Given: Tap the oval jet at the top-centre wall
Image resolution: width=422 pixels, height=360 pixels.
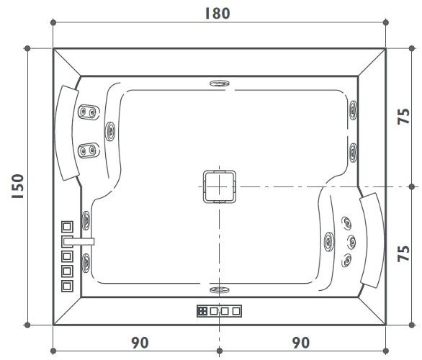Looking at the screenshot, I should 218,84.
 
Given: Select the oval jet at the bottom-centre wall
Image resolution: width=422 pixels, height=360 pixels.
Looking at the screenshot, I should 218,290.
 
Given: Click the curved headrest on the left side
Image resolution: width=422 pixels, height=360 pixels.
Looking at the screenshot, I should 66,133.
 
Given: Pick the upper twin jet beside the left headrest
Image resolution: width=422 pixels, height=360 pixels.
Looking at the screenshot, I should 89,112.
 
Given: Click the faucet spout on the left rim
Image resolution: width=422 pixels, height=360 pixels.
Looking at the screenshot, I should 79,240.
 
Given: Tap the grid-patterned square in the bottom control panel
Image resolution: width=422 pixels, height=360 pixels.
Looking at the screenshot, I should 202,311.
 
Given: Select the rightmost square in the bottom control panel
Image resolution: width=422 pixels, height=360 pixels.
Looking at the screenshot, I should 236,311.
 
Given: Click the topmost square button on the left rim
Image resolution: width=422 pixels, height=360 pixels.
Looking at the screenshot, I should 68,225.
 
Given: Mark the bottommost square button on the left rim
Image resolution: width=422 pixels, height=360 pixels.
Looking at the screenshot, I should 68,286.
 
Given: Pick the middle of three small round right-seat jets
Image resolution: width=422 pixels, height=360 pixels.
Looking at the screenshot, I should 351,240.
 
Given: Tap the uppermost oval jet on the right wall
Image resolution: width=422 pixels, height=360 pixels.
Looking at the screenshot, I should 352,110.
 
